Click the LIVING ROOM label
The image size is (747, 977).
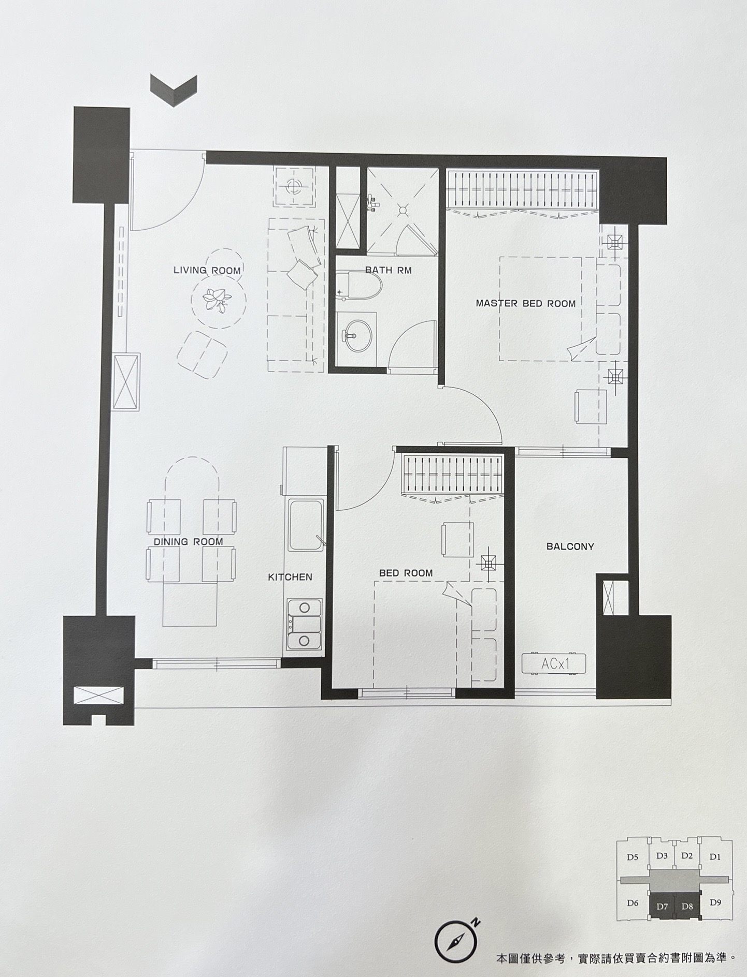pyautogui.click(x=207, y=270)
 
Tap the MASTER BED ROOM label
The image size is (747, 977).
pyautogui.click(x=526, y=304)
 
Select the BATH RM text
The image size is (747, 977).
pyautogui.click(x=388, y=270)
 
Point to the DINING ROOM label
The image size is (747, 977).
pyautogui.click(x=188, y=542)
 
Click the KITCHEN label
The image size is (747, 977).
pyautogui.click(x=290, y=577)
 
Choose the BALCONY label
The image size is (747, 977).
pyautogui.click(x=570, y=546)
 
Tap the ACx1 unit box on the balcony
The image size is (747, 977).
pyautogui.click(x=554, y=663)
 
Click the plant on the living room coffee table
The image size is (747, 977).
pyautogui.click(x=217, y=299)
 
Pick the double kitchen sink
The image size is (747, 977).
pyautogui.click(x=305, y=625)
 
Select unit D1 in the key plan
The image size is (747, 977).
pyautogui.click(x=715, y=857)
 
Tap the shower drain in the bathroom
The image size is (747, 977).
pyautogui.click(x=403, y=210)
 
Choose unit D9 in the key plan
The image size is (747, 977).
pyautogui.click(x=715, y=902)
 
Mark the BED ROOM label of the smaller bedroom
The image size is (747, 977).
pyautogui.click(x=406, y=573)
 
